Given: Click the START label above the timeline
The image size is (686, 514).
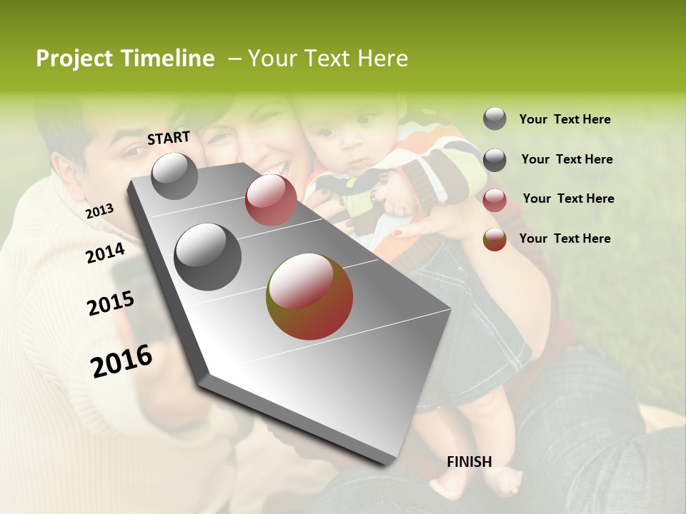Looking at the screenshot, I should (x=169, y=138).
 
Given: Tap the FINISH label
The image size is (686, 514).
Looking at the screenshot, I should (x=469, y=462).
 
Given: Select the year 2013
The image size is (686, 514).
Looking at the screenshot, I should (x=99, y=211).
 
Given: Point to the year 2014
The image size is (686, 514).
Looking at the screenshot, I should (x=105, y=253).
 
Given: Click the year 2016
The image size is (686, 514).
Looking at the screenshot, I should (x=121, y=361).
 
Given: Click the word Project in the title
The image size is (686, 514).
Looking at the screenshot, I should (x=74, y=59).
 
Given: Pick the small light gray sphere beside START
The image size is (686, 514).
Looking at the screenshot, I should (x=174, y=176).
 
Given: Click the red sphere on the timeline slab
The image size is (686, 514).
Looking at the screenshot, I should (x=271, y=200).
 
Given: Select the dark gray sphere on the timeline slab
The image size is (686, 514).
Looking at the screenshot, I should (x=208, y=257).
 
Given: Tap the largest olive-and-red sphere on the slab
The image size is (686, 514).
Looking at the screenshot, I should (x=309, y=296).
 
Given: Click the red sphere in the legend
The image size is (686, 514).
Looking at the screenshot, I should (x=494, y=200).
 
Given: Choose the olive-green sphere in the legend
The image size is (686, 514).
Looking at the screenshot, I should (x=494, y=239).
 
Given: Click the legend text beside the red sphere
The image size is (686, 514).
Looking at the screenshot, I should (x=568, y=198).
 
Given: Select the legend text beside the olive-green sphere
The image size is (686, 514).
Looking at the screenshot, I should (x=565, y=238).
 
